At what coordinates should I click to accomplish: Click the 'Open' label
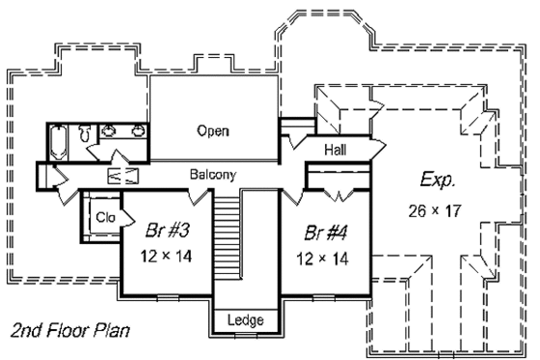pos(213,131)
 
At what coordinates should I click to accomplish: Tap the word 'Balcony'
pos(212,175)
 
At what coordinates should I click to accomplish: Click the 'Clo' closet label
pos(104,218)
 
